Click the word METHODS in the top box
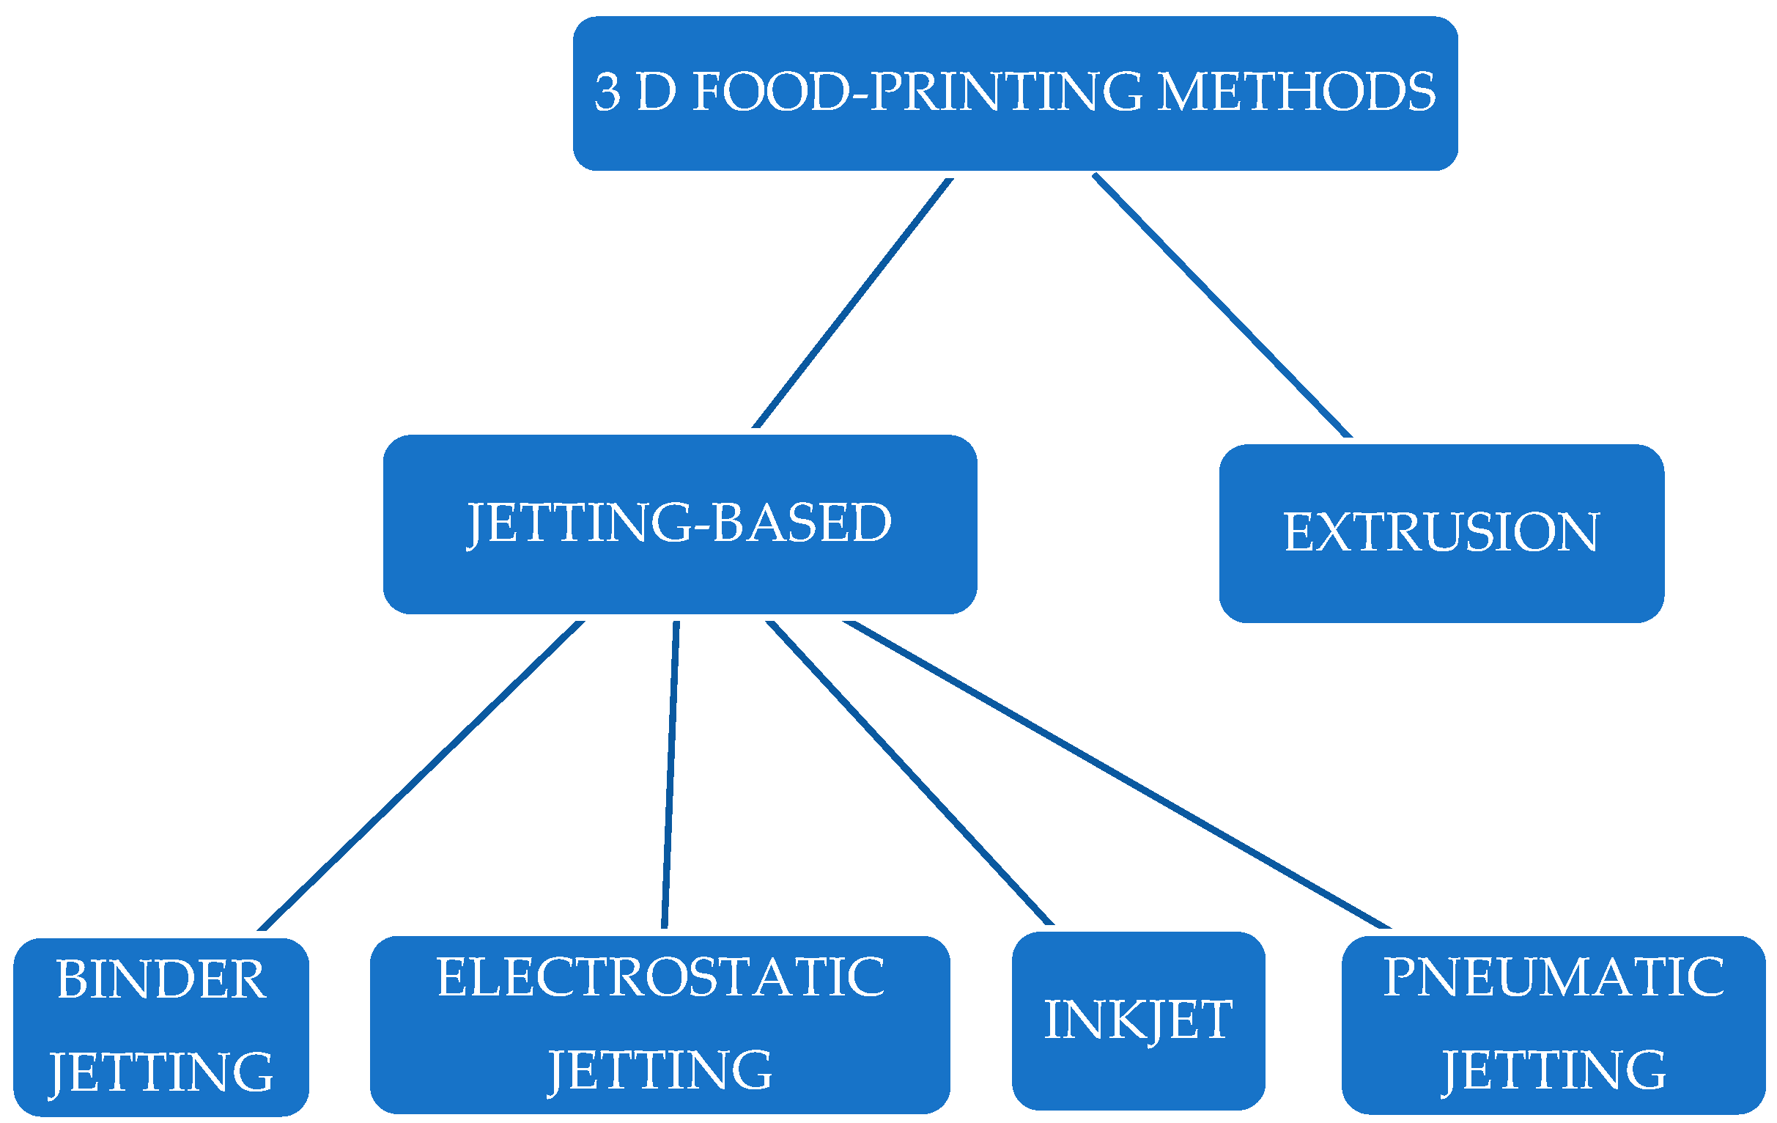coord(1296,92)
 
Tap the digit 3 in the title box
coord(607,93)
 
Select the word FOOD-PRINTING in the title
coord(917,92)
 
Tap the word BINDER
coord(161,981)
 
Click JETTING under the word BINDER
coord(161,1073)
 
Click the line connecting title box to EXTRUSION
coord(1222,306)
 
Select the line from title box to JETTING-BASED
coord(852,303)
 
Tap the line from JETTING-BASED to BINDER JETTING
coord(421,776)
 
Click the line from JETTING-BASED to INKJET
coord(909,773)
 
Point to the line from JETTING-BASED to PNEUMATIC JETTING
coord(1116,775)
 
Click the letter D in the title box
coord(655,93)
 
